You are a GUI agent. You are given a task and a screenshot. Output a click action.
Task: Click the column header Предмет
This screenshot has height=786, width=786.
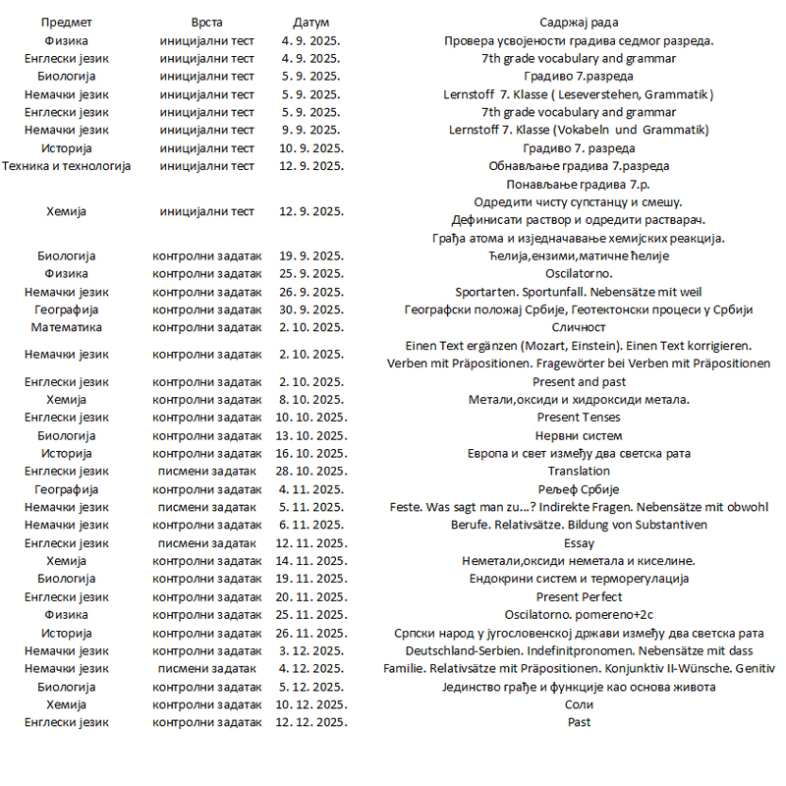pos(67,23)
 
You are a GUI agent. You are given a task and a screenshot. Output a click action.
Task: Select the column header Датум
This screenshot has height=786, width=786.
pos(311,23)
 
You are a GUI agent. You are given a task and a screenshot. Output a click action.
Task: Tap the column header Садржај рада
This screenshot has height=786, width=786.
pos(579,23)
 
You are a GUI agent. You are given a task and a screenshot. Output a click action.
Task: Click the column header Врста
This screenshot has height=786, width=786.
pos(207,23)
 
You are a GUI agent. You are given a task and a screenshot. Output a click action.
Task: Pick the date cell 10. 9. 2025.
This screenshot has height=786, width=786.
pos(311,148)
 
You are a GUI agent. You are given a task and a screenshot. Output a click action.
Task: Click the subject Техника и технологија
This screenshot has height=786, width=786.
pos(67,166)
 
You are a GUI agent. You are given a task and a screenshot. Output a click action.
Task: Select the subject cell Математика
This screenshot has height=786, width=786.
pos(67,327)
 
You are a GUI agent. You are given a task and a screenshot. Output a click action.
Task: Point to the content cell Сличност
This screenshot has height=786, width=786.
pos(579,327)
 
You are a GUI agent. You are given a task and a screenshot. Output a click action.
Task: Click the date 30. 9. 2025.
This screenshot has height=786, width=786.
pos(311,309)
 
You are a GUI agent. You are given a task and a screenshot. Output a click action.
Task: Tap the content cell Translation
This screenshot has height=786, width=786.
pos(579,471)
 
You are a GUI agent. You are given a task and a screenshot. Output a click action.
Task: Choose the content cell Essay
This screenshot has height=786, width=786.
pos(579,542)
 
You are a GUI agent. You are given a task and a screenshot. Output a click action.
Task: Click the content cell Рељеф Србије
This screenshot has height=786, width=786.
pos(579,489)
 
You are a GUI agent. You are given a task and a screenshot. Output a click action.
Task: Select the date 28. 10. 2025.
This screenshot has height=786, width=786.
pos(311,471)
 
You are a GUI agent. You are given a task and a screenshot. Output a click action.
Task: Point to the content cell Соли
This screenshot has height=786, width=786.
pos(579,704)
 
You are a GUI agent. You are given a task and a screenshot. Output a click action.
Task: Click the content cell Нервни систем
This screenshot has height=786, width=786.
pos(579,435)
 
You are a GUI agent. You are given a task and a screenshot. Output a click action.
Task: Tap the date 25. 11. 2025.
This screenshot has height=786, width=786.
pos(311,615)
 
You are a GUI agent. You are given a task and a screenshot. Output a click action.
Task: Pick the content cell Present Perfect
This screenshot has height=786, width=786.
pos(579,596)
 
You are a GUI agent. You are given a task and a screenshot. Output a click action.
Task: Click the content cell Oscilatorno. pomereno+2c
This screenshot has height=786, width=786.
pos(579,615)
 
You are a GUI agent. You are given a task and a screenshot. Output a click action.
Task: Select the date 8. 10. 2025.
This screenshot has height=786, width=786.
pos(311,399)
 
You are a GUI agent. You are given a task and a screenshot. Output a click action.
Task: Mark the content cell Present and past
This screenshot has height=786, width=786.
pos(579,381)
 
